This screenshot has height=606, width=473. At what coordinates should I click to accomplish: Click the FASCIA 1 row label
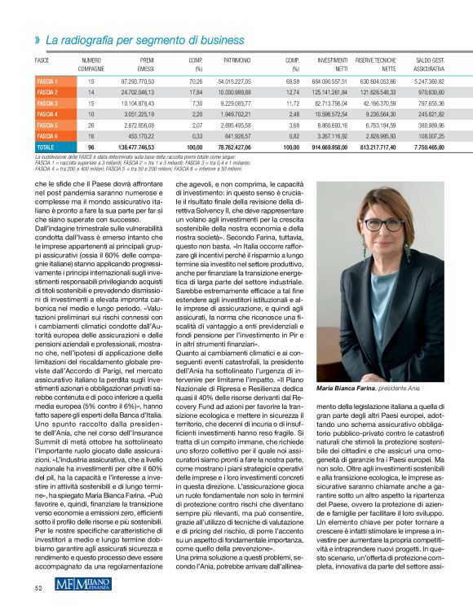point(46,82)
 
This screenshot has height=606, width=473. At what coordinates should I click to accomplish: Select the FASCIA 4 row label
point(46,115)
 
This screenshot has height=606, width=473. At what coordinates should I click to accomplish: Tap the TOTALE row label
point(45,147)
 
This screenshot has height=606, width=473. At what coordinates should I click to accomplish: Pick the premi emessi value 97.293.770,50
point(137,82)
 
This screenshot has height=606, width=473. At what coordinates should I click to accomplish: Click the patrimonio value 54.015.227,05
point(236,82)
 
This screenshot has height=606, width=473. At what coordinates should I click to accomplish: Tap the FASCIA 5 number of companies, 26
point(91,125)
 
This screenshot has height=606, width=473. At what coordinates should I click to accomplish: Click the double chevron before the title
point(38,39)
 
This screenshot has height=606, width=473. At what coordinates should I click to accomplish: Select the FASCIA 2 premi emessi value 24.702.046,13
point(137,93)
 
